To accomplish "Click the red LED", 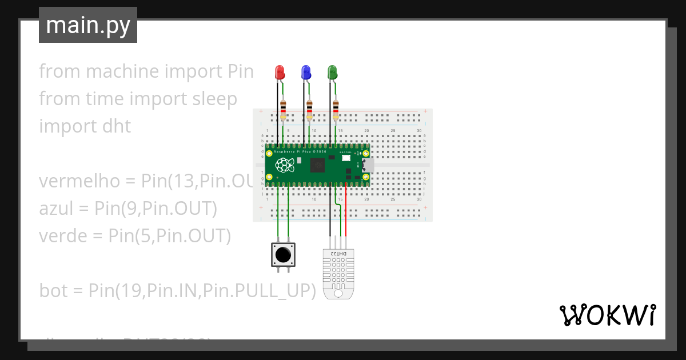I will (280, 73).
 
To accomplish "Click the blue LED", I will (306, 73).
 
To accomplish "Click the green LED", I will (332, 73).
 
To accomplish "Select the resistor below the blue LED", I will (309, 110).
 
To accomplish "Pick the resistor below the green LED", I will (336, 110).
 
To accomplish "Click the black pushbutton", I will (284, 254).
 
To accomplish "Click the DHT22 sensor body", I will (338, 271).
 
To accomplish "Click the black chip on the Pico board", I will (318, 166).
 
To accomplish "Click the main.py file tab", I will (88, 25).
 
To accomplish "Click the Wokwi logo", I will (607, 315).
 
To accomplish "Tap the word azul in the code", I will (55, 209).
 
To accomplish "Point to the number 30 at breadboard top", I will (419, 131).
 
